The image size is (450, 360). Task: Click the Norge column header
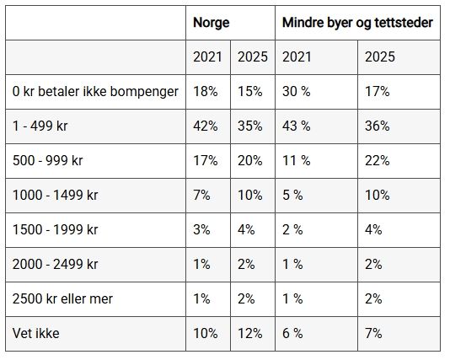tap(212, 23)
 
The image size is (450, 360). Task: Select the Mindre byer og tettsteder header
tap(357, 23)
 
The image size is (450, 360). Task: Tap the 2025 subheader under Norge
tap(253, 56)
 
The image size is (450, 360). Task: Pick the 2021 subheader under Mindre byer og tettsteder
tap(297, 56)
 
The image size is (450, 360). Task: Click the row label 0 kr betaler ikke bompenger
tap(95, 92)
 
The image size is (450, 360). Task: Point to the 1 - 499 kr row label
tap(40, 126)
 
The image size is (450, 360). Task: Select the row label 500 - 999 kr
tap(48, 160)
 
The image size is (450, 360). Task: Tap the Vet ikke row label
tap(36, 333)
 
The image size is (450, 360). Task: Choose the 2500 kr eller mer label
tap(62, 298)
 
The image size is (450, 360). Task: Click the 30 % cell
tap(297, 92)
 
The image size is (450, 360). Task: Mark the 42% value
tap(206, 126)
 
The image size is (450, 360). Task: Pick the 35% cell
tap(250, 126)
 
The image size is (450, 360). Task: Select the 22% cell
tap(377, 160)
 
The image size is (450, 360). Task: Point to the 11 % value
tap(297, 160)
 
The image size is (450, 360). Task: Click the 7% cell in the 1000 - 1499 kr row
tap(201, 196)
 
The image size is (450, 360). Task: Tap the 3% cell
tap(201, 229)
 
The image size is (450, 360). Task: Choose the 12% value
tap(250, 333)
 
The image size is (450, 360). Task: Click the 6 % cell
tap(292, 333)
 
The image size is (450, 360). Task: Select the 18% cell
tap(206, 92)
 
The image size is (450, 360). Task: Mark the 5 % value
tap(292, 196)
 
